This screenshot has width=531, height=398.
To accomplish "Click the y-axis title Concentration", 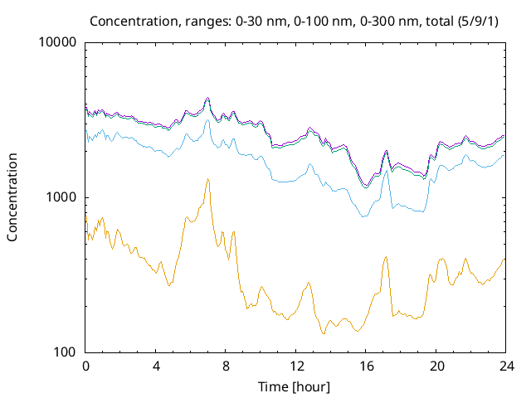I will (x=12, y=197).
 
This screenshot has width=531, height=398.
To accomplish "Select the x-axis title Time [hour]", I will (x=295, y=387).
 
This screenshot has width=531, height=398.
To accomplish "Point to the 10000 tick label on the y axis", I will (x=59, y=43).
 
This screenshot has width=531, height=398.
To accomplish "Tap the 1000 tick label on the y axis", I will (x=62, y=197).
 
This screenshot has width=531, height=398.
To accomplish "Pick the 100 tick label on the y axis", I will (x=66, y=352).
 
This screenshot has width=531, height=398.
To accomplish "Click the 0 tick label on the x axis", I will (x=85, y=366).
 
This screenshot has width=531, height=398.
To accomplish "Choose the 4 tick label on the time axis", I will (x=156, y=366).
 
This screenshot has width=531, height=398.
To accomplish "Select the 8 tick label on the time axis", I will (x=226, y=366).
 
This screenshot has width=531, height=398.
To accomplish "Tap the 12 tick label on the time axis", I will (x=295, y=366).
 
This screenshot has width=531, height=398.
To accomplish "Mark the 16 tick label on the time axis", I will (x=365, y=366).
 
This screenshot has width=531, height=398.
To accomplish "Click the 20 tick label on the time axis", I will (x=435, y=366).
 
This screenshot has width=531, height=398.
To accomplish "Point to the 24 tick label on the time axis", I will (x=504, y=366).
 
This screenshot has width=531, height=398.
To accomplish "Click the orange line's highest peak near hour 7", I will (x=208, y=179).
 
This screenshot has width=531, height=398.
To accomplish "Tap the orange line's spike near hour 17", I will (x=386, y=257).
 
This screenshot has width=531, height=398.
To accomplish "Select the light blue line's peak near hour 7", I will (x=208, y=120).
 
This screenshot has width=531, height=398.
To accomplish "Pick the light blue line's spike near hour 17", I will (x=386, y=171).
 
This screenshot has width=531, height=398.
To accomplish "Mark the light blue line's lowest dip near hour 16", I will (x=363, y=216).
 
